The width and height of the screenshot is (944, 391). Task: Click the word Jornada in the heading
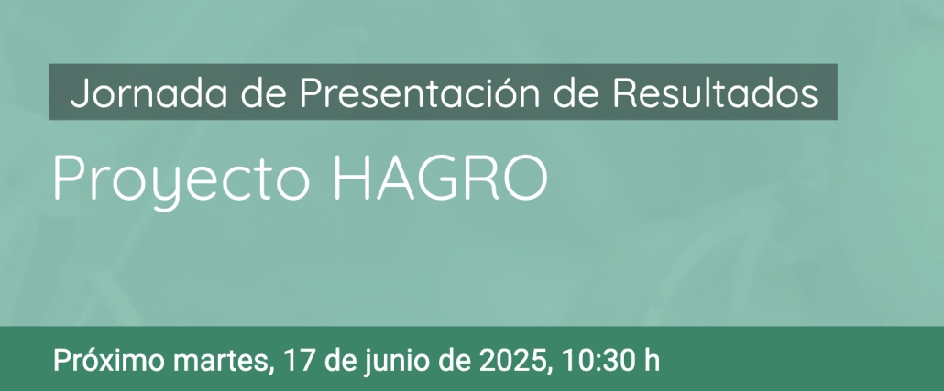pos(148,93)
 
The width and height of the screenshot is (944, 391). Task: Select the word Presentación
pos(420,93)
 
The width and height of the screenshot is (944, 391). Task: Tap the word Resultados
pos(715,93)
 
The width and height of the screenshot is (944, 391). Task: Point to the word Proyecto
pos(181,179)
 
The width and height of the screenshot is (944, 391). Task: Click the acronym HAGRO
pos(441,179)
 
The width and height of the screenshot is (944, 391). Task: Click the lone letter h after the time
pos(652,360)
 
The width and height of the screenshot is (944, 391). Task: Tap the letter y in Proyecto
pos(162,188)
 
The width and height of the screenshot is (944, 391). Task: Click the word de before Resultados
pos(576,93)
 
